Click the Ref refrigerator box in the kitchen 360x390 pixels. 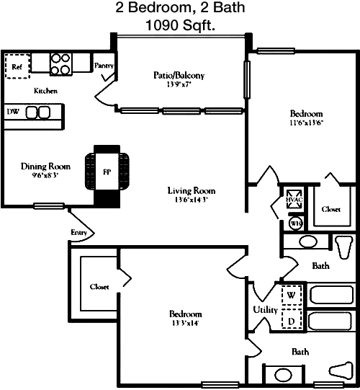[x=17, y=66]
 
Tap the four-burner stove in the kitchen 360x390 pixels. [x=60, y=64]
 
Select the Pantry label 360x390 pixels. [x=104, y=66]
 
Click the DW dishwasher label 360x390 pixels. [x=13, y=112]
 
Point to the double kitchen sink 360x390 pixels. [x=38, y=112]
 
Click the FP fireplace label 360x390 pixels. [x=107, y=172]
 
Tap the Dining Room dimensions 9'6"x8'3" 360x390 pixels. [x=45, y=175]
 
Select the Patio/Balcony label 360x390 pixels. [x=179, y=75]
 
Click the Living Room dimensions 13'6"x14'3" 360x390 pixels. [x=192, y=200]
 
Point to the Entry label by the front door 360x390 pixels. [x=78, y=233]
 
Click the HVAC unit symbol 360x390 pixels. [x=294, y=199]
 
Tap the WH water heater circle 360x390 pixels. [x=296, y=223]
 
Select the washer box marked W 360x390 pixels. [x=292, y=296]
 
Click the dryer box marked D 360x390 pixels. [x=292, y=319]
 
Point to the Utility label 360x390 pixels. [x=265, y=310]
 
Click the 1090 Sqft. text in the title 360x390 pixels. [x=180, y=25]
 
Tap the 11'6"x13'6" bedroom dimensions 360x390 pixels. [x=306, y=123]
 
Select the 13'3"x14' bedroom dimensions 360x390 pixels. [x=185, y=324]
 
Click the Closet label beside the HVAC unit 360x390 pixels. [x=331, y=209]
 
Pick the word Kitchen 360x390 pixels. [x=45, y=91]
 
